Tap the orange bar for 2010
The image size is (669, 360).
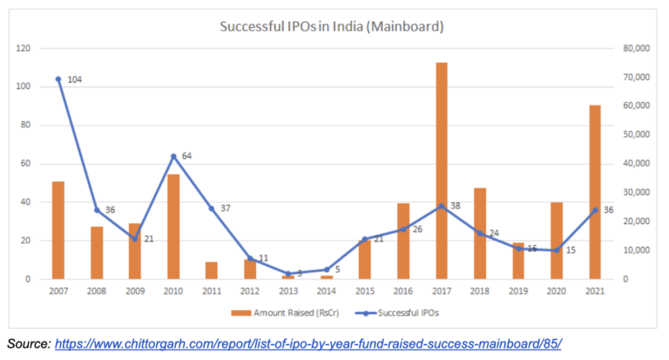tap(173, 227)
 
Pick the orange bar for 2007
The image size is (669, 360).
tap(58, 230)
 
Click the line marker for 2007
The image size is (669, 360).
tap(58, 79)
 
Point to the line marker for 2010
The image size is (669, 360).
tap(173, 156)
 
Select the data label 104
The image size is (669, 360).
tap(75, 79)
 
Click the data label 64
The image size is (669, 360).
tap(187, 156)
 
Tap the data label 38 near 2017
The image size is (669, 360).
tap(456, 207)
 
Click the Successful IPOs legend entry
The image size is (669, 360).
tap(384, 311)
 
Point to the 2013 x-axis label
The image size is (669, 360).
tap(288, 290)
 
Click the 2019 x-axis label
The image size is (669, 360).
tap(518, 290)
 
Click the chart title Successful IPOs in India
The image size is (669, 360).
tap(331, 27)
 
